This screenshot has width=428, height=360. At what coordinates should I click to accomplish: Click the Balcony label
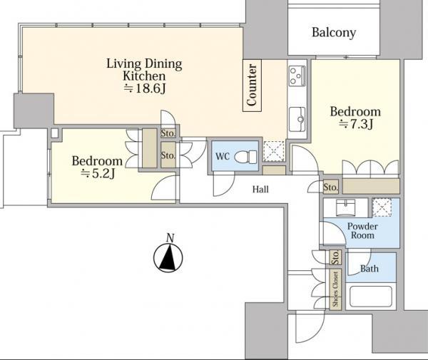(334, 33)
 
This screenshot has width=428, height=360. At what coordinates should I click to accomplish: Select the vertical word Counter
(252, 85)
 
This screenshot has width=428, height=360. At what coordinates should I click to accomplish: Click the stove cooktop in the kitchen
(297, 74)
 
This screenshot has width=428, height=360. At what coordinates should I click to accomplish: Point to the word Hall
(261, 190)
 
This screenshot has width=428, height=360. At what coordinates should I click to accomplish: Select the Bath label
(369, 269)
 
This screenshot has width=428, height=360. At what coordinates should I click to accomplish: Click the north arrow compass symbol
(169, 258)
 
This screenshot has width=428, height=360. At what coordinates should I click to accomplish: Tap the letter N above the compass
(169, 237)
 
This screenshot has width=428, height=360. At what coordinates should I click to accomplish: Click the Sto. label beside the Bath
(335, 255)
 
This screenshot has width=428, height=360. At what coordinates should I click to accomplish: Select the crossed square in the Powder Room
(382, 208)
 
